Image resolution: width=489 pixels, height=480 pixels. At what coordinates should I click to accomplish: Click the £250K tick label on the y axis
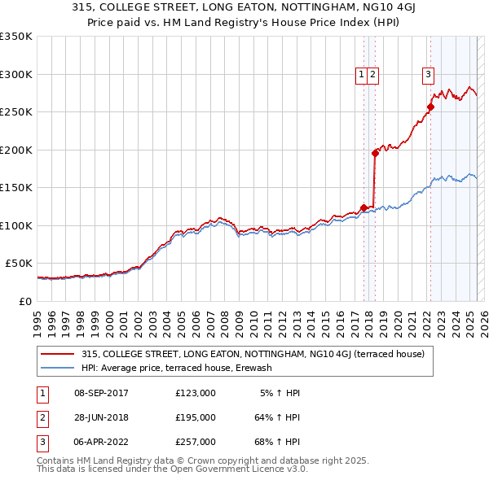tap(15, 112)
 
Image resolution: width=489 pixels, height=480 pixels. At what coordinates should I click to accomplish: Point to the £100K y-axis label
tap(15, 225)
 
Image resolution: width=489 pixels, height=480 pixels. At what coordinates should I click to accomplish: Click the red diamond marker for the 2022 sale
tap(430, 107)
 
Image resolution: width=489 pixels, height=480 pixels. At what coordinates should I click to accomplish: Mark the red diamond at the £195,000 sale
tap(375, 153)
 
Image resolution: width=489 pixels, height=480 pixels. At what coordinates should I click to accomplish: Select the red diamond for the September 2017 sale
tap(363, 207)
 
